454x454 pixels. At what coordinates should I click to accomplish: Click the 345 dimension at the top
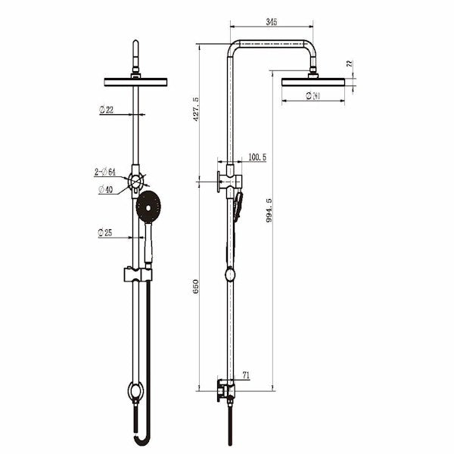(x=272, y=22)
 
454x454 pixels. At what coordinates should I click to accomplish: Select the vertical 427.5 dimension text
(x=197, y=110)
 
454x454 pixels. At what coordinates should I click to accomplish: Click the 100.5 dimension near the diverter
(x=257, y=157)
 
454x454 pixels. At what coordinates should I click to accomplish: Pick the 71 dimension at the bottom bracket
(x=247, y=375)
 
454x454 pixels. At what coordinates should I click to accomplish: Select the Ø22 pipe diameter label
(x=107, y=110)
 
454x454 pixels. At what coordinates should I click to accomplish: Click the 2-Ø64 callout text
(x=105, y=173)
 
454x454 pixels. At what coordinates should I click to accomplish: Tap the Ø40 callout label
(x=106, y=189)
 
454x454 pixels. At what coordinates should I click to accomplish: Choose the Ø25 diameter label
(x=105, y=233)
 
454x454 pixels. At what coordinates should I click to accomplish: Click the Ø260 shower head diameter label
(x=312, y=95)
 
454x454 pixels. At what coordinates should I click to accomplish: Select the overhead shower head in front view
(x=135, y=82)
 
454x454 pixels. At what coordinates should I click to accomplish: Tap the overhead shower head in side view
(x=312, y=82)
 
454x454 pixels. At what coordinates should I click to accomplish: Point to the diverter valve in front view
(x=135, y=181)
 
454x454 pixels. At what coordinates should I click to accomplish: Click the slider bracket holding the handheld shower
(x=137, y=274)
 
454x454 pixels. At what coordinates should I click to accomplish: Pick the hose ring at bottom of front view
(x=135, y=391)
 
